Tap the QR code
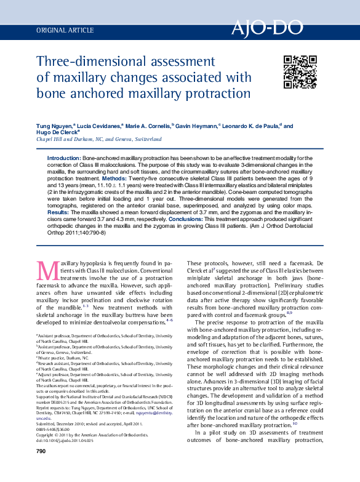[x=300, y=72]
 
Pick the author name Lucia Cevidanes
[x=100, y=125]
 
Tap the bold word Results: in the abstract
[x=58, y=211]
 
